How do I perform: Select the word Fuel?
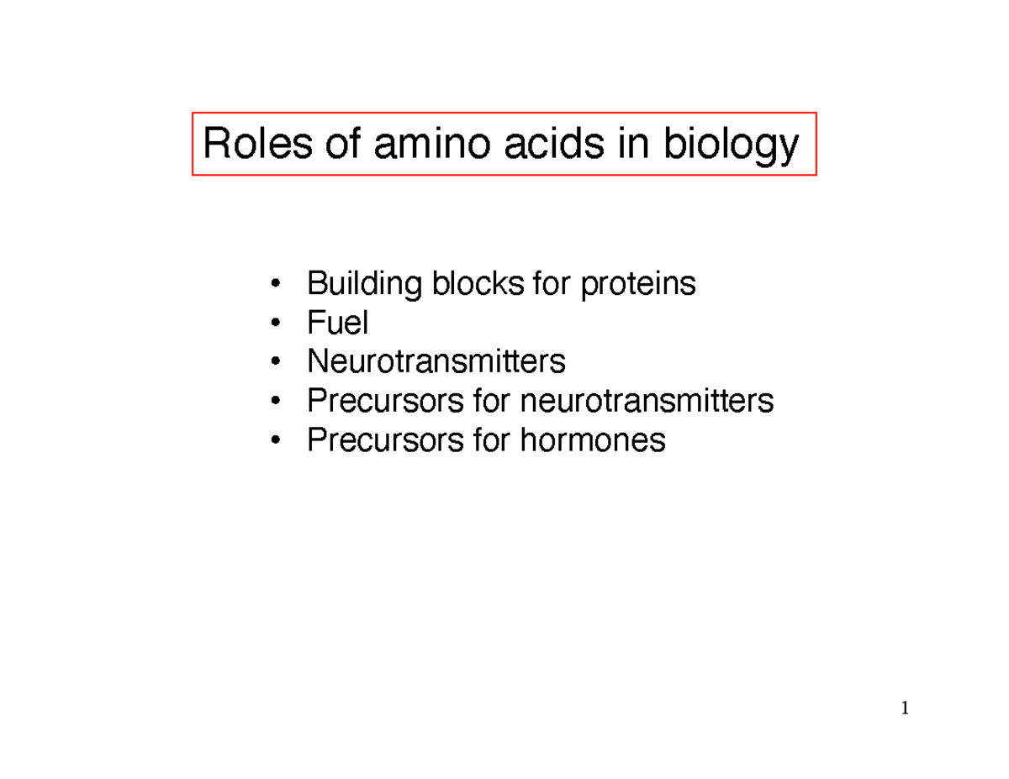click(338, 322)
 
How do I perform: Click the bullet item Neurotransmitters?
click(436, 361)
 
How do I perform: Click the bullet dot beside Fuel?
click(275, 324)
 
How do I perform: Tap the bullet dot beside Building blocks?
click(275, 285)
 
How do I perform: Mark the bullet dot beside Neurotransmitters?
click(275, 363)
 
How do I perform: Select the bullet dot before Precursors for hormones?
click(275, 440)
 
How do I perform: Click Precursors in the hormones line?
click(383, 439)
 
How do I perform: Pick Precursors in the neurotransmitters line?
click(383, 401)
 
